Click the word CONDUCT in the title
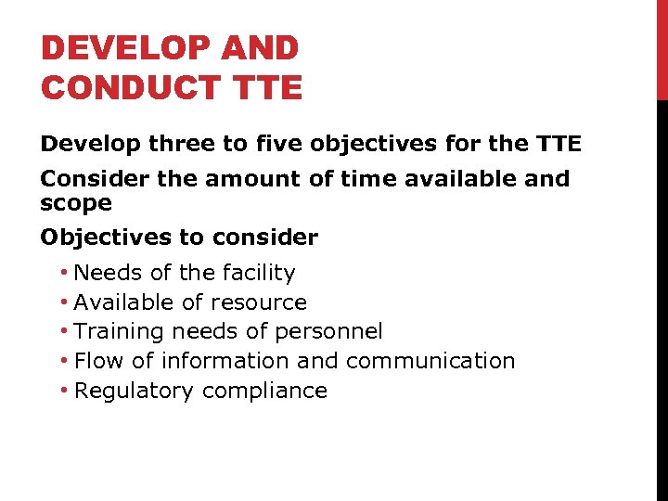128,87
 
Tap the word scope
76,203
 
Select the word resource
259,302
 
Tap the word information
221,361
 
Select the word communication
429,361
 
